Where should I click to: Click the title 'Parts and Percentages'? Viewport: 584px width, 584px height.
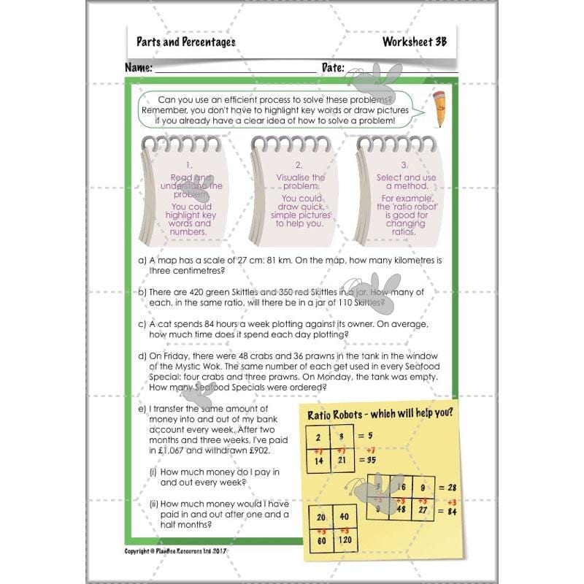tap(185, 42)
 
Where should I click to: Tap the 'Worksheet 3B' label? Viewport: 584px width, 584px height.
tap(414, 42)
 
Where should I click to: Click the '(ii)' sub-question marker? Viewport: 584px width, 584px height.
tap(154, 504)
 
